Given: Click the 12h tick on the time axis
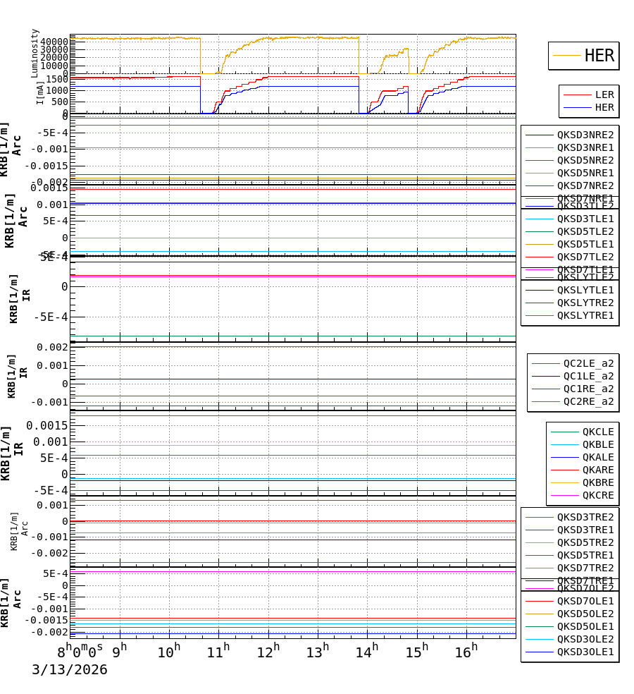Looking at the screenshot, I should (268, 652).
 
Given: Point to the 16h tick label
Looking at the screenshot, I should (466, 652).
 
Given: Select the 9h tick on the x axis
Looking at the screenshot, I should (120, 652).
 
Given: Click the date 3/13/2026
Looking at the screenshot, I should (69, 670).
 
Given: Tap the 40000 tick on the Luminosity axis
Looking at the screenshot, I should (54, 42).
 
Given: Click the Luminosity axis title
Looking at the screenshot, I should (35, 53).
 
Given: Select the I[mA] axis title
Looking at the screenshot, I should (41, 92).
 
